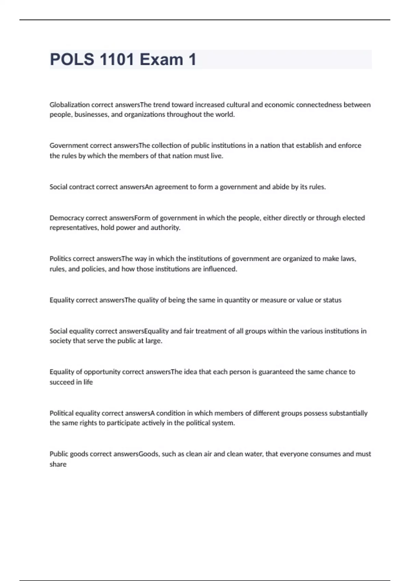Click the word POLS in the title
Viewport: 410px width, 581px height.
72,59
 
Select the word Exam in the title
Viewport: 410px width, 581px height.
161,59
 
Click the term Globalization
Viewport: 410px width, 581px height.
70,105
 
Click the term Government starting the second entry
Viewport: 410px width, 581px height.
69,146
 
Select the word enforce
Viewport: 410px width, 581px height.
350,146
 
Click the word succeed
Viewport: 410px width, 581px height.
62,382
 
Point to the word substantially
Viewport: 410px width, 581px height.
348,413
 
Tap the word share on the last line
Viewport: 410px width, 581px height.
58,464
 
